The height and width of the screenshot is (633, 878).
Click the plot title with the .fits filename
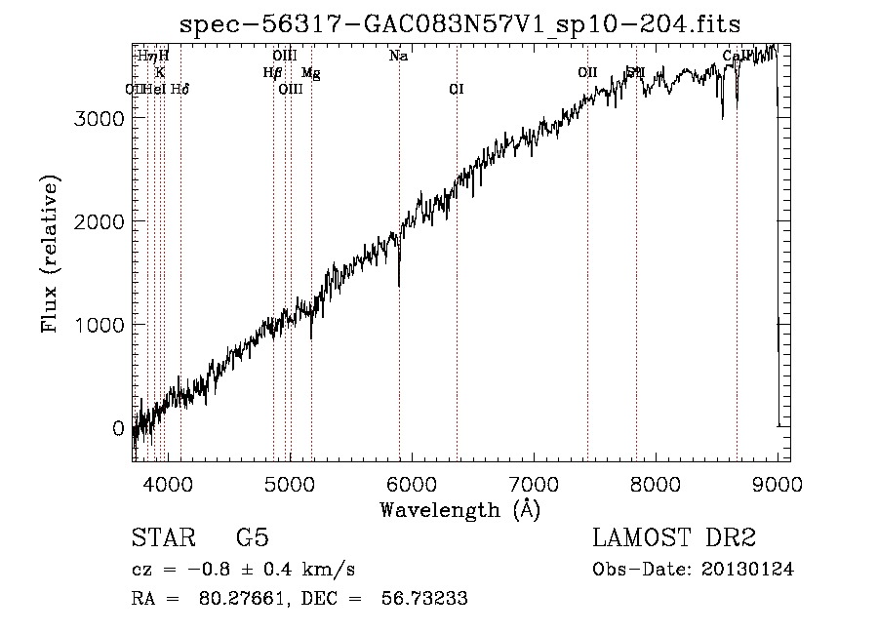460,24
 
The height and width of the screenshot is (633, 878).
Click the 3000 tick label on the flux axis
100,118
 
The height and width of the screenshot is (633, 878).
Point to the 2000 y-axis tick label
100,221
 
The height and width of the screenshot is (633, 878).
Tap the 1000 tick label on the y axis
100,325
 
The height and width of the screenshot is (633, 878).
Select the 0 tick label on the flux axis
118,428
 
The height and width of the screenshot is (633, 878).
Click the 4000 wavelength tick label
167,482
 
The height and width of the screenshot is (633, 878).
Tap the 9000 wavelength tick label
777,482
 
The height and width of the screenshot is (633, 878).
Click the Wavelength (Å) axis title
459,509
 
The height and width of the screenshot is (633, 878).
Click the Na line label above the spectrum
398,57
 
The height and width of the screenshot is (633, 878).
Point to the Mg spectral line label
310,73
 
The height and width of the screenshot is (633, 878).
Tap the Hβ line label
272,73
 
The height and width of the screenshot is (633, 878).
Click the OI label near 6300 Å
456,90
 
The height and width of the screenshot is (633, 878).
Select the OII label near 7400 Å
587,73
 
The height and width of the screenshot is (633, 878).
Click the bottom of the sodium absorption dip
399,284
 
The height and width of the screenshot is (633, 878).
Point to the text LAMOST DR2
674,537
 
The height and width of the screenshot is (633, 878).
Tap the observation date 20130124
746,570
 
